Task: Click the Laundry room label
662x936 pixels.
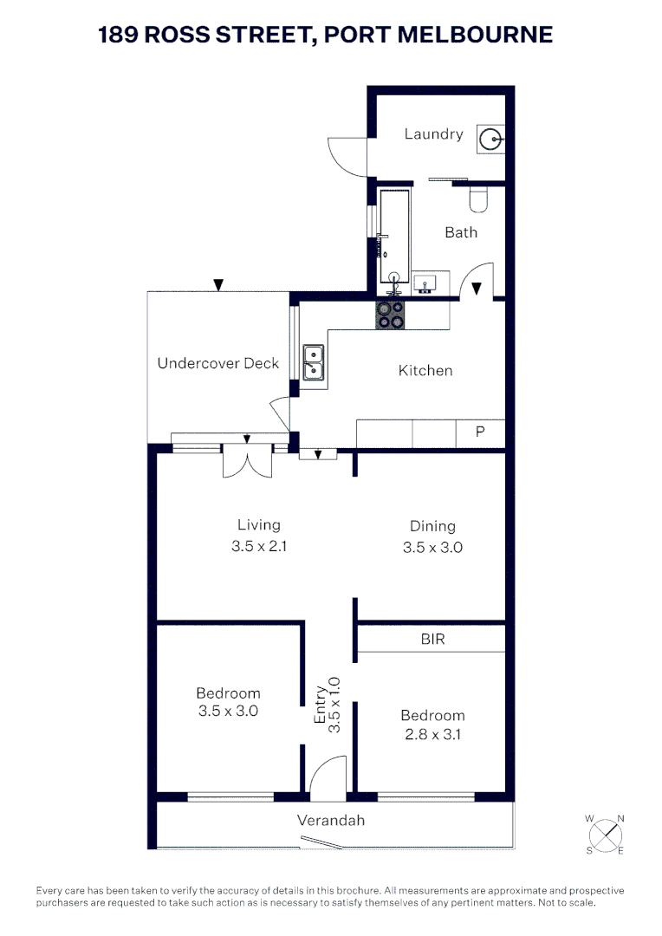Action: pos(433,134)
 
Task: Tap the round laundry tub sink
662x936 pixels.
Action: pos(491,138)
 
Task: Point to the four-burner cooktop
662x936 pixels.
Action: pos(390,314)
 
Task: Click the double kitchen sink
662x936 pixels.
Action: pos(313,362)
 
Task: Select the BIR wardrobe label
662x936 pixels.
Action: pos(432,640)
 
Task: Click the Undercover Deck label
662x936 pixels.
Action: pos(218,363)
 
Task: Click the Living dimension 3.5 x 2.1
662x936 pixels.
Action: pos(258,547)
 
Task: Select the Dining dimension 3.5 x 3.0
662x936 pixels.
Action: pos(432,548)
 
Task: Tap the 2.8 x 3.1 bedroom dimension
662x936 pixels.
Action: pos(432,735)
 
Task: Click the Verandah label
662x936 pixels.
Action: pos(331,820)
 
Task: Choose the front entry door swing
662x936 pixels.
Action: pos(326,775)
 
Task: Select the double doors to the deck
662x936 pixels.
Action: pos(247,461)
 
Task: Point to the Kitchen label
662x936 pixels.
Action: pos(425,370)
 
